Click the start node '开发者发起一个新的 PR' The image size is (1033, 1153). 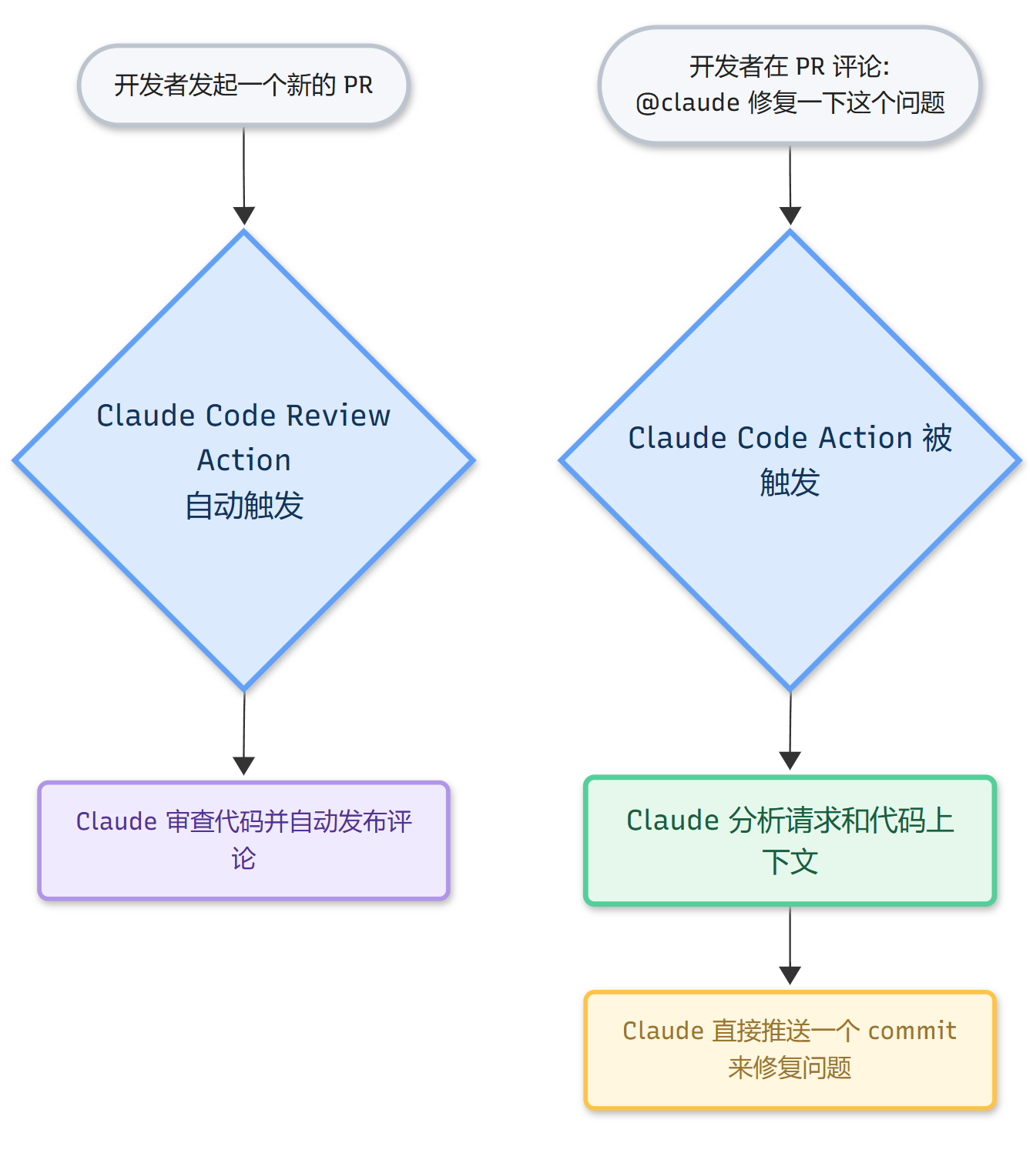(x=243, y=85)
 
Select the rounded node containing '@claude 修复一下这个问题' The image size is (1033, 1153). (x=790, y=85)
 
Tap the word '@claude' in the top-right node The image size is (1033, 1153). (x=687, y=102)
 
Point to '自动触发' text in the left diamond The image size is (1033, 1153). (x=244, y=506)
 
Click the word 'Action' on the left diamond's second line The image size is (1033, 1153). (x=244, y=460)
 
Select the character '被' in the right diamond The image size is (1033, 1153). (x=937, y=438)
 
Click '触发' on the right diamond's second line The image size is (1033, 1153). (x=790, y=483)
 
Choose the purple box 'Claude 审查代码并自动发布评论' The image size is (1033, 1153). (x=243, y=840)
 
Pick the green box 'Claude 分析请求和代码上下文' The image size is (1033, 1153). (x=790, y=840)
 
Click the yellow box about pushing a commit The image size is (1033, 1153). (x=790, y=1049)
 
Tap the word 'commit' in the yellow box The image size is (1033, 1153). (x=912, y=1031)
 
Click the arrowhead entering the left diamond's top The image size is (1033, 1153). (x=244, y=216)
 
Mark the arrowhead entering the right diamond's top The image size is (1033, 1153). (x=790, y=216)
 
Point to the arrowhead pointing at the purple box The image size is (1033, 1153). (x=243, y=766)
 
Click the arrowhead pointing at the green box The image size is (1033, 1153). (x=790, y=760)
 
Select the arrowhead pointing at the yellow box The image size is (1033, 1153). (x=790, y=975)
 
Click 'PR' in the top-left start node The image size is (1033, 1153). (x=358, y=85)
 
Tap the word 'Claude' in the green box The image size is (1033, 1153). (x=672, y=820)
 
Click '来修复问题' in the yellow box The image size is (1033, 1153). (x=790, y=1068)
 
